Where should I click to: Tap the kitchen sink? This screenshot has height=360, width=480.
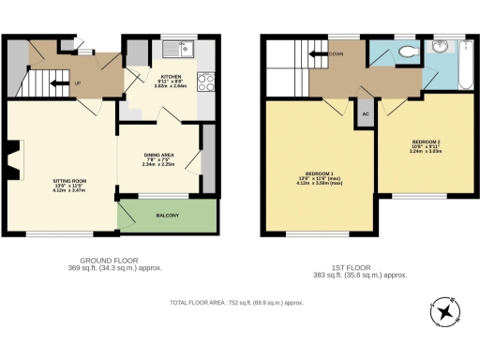point(178,49)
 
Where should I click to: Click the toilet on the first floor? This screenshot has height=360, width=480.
point(407,52)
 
